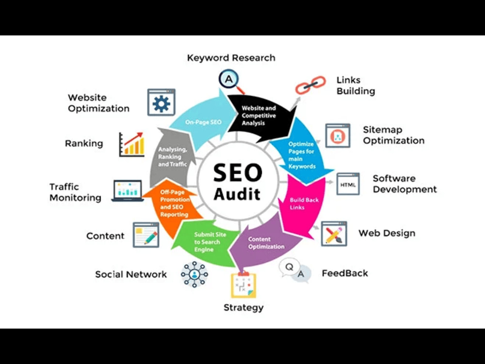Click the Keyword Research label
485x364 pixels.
(231, 58)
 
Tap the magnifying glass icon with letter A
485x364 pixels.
(231, 81)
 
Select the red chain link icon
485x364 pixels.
(310, 85)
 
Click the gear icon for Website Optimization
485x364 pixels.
(161, 102)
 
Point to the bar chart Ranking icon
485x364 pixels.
(132, 144)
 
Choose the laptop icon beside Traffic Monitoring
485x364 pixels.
(128, 191)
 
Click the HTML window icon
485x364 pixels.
(348, 184)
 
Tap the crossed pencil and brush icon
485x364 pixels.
(334, 234)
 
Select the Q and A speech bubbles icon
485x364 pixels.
(295, 270)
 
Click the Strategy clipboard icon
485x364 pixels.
(244, 284)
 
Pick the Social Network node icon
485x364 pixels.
(194, 274)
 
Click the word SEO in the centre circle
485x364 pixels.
(238, 173)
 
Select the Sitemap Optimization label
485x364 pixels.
(393, 135)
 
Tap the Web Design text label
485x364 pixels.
(387, 233)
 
